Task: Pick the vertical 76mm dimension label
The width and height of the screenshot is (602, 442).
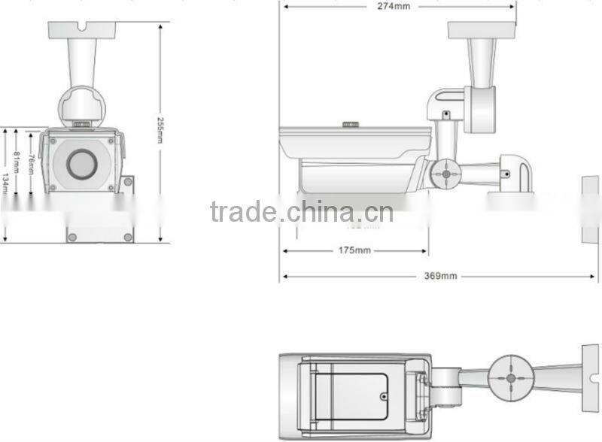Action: point(31,162)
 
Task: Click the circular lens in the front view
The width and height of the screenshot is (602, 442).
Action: point(81,164)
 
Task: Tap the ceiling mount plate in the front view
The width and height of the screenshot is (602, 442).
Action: point(82,29)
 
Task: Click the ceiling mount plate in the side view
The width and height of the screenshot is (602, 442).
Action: point(482,29)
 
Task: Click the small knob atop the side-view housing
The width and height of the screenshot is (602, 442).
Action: point(351,124)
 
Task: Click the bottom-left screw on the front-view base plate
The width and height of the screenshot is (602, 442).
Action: point(73,237)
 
